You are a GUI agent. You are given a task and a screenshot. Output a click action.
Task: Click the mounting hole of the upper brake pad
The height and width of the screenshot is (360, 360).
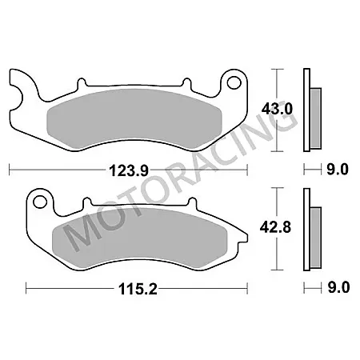[x=234, y=82]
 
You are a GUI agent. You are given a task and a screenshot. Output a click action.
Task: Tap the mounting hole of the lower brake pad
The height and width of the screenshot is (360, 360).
[x=42, y=200]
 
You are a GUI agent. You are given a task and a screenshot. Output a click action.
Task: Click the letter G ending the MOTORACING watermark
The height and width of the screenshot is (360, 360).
[x=285, y=120]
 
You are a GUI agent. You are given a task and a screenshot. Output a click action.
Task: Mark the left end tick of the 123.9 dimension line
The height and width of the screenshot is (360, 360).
[x=9, y=170]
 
